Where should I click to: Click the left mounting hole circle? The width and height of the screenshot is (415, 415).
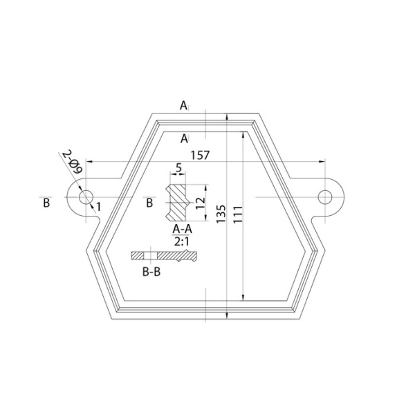[x=79, y=197]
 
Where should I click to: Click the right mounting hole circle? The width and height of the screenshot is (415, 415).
[x=318, y=197]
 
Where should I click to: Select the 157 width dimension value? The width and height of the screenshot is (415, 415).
[x=200, y=156]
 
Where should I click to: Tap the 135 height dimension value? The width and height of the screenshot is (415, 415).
[x=221, y=214]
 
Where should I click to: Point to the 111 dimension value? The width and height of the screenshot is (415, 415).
[x=238, y=214]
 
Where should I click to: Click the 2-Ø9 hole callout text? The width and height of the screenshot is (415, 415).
[x=72, y=162]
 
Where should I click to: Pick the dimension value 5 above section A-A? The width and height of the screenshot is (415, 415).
[x=179, y=167]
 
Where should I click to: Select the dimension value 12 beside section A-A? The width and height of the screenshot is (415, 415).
[x=201, y=203]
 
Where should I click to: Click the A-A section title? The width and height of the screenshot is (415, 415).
[x=182, y=229]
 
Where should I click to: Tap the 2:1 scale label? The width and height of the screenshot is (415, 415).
[x=182, y=241]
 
